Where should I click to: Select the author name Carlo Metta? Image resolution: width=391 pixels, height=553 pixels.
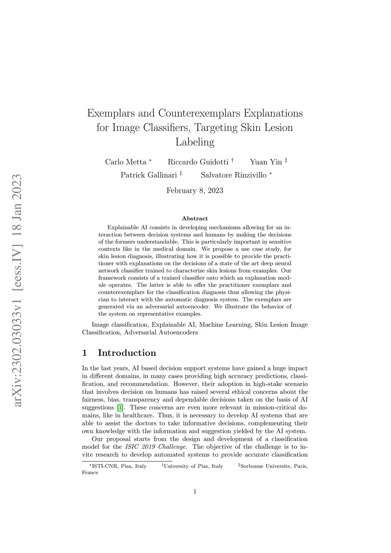[126, 162]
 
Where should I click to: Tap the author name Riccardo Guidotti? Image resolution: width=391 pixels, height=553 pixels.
[198, 162]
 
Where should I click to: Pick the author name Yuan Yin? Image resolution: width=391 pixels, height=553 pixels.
[266, 162]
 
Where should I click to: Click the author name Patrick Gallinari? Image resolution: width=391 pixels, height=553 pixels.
[149, 175]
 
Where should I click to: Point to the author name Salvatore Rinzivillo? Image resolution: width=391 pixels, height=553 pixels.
[234, 175]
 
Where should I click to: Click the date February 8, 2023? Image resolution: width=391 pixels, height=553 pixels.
[195, 191]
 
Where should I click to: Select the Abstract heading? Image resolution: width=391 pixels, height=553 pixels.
[195, 218]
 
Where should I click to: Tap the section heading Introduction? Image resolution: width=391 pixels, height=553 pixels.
[127, 353]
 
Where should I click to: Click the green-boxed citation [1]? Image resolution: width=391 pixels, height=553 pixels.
[120, 407]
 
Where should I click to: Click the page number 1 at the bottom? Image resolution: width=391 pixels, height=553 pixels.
[195, 492]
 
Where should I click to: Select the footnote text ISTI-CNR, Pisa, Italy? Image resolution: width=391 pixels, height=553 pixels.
[119, 466]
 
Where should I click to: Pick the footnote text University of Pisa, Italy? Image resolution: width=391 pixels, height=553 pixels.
[193, 466]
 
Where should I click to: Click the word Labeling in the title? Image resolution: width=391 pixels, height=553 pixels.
[195, 142]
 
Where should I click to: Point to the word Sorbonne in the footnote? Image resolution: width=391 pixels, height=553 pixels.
[253, 466]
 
